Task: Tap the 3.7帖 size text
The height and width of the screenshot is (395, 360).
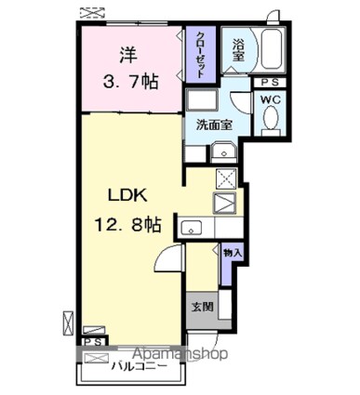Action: coord(128,82)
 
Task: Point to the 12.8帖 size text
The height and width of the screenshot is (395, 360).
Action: coord(127,225)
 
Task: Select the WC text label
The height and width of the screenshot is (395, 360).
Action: coord(271,99)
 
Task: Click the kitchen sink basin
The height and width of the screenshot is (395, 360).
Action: coord(192,226)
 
